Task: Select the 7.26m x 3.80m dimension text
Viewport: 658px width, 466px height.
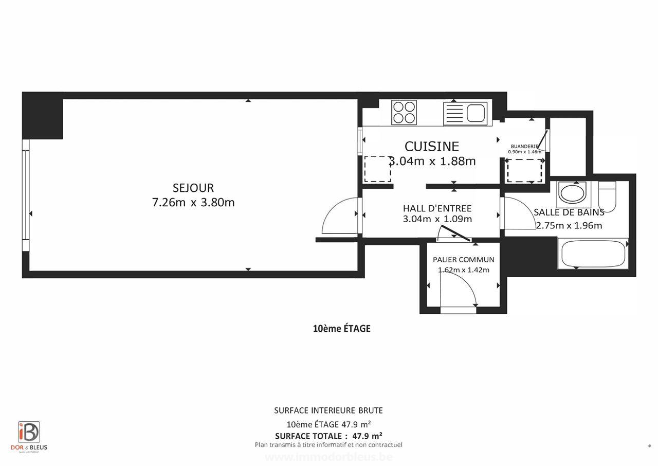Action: click(x=193, y=203)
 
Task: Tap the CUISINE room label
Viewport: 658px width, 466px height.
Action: click(x=431, y=147)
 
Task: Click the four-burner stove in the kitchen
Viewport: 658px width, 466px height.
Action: click(x=404, y=112)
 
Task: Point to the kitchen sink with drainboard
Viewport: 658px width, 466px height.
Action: click(x=465, y=112)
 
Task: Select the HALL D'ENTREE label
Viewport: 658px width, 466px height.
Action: click(x=437, y=208)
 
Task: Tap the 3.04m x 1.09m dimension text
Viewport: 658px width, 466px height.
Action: click(x=437, y=219)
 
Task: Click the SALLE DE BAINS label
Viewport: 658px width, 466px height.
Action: click(x=569, y=212)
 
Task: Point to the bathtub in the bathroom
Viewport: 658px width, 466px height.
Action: click(x=593, y=254)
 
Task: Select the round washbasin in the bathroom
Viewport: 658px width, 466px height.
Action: click(x=571, y=194)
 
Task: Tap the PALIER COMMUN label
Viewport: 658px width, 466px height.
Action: click(x=463, y=260)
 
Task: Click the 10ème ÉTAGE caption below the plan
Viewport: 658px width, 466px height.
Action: click(x=341, y=329)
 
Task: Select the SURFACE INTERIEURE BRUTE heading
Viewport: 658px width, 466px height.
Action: click(x=328, y=410)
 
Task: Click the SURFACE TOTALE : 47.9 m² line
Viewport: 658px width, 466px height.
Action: click(x=328, y=436)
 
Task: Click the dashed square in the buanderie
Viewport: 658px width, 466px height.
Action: click(x=524, y=171)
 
